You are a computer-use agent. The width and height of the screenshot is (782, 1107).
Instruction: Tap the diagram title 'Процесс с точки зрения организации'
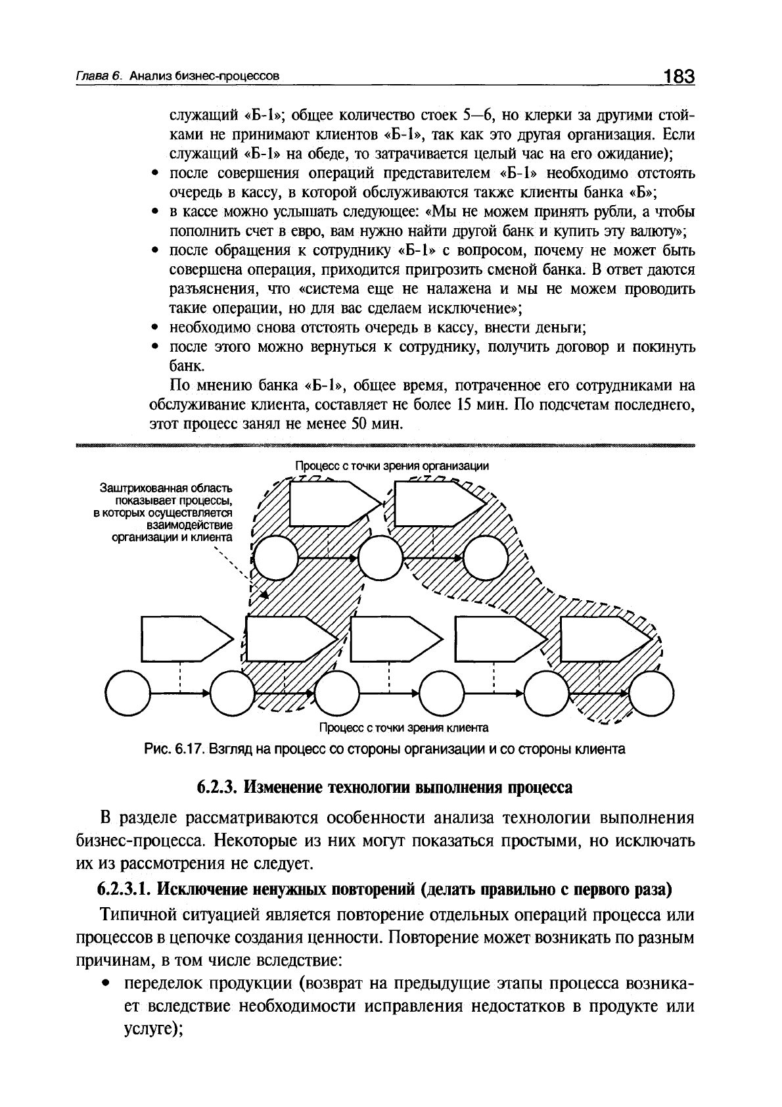(392, 465)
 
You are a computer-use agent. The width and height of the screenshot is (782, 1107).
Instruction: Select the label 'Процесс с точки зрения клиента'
(403, 728)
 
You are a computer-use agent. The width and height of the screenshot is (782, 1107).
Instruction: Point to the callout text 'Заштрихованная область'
(166, 488)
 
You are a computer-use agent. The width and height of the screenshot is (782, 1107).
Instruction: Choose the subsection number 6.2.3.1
(125, 889)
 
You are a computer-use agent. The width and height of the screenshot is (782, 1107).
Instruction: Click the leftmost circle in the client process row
(127, 692)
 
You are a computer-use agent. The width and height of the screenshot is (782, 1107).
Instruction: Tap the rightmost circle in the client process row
(651, 692)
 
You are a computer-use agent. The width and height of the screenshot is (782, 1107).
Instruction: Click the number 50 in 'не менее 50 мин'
(361, 424)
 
